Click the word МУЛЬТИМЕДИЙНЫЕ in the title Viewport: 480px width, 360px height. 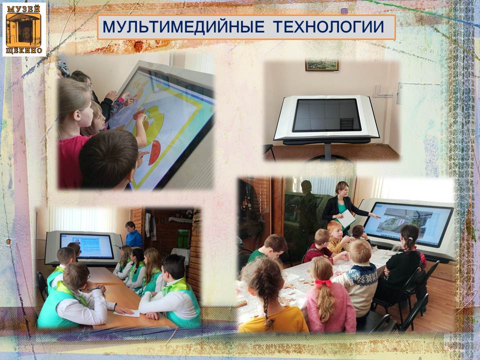[183, 26]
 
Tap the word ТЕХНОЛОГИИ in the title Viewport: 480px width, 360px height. [328, 26]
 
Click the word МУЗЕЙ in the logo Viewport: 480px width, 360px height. [24, 8]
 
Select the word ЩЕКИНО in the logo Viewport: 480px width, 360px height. [24, 50]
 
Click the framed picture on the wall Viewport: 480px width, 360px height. [321, 65]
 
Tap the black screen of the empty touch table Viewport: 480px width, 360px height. [327, 115]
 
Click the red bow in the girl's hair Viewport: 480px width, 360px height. [323, 283]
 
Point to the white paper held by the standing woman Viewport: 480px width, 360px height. [346, 218]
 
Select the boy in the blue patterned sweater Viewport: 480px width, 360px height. [360, 277]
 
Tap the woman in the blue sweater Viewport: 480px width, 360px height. [133, 235]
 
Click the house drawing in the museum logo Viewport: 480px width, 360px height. [23, 29]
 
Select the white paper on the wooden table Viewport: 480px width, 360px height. [126, 313]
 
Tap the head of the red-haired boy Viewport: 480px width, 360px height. [334, 228]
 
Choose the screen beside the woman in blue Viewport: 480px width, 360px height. [86, 246]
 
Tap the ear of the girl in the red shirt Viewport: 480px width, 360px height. [76, 115]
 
